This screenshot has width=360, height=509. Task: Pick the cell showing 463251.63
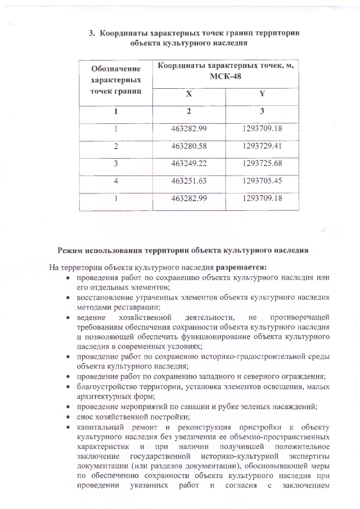pyautogui.click(x=189, y=181)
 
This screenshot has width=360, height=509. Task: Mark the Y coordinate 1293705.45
pyautogui.click(x=262, y=181)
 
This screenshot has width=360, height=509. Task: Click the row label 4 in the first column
pyautogui.click(x=115, y=181)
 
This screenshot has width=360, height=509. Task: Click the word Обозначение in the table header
pyautogui.click(x=115, y=69)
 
